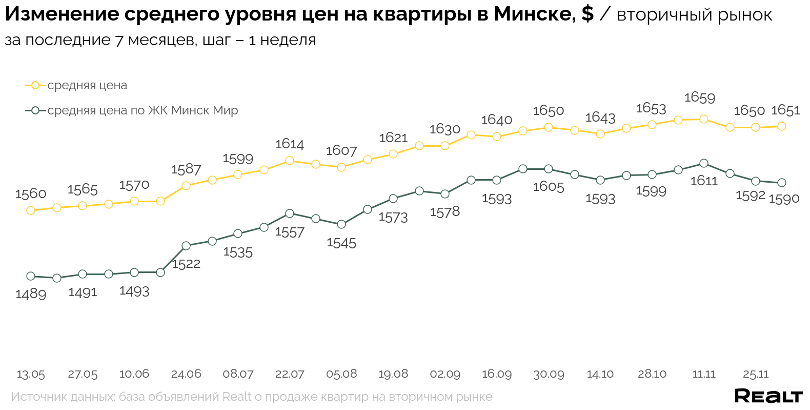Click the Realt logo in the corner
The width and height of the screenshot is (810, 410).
768,396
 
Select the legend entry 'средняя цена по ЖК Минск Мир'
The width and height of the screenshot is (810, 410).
143,110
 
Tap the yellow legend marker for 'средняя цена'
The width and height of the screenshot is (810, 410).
35,85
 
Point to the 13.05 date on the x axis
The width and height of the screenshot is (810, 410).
31,374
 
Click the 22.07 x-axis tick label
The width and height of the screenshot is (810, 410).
290,374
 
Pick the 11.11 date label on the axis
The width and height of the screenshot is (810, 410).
704,374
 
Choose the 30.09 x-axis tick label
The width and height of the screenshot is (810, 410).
549,374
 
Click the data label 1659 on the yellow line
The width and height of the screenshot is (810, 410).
699,97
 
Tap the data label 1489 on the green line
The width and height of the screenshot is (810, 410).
31,294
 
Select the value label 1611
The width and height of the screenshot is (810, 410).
704,181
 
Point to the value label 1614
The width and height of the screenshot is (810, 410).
290,144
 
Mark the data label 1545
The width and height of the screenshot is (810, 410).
341,243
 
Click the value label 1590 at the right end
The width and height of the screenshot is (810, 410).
784,199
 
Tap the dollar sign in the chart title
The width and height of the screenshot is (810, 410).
588,14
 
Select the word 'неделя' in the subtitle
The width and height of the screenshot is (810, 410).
288,40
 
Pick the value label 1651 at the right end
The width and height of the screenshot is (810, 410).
785,110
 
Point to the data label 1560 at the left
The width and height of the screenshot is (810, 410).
31,194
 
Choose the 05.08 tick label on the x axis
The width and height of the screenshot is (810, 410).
341,374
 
